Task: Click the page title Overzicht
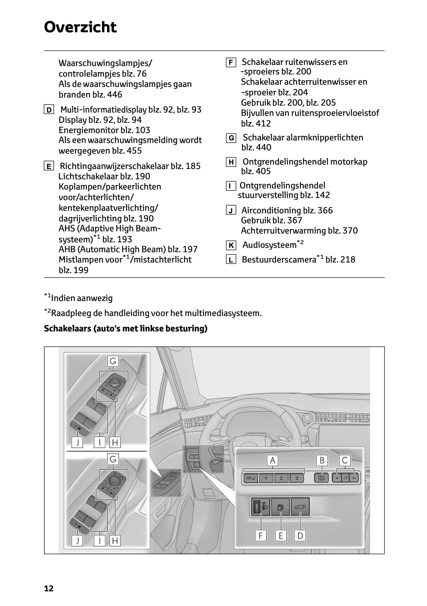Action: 80,27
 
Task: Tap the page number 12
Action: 49,588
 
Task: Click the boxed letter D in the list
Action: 48,110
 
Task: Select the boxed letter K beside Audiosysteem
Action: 231,245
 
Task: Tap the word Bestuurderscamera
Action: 279,260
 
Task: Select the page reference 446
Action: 114,95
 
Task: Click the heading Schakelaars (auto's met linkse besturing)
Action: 126,328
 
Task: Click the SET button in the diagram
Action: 251,478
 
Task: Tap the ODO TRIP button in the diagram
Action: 321,478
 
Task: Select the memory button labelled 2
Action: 281,478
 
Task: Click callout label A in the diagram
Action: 272,460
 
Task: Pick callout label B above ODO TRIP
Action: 322,460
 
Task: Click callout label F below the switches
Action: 261,536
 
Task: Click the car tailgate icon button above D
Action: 300,507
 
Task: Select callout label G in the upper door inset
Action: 113,361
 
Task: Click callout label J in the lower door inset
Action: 77,540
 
